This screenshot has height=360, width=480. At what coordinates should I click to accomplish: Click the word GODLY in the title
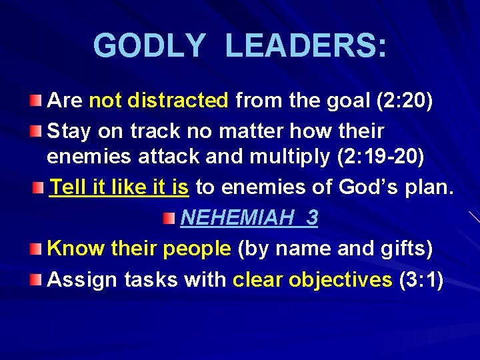click(149, 47)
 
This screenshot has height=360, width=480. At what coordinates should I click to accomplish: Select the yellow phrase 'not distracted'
click(159, 101)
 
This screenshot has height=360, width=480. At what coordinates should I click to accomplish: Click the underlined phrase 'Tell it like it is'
click(119, 187)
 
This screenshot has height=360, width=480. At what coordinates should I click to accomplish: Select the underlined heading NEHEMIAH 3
click(249, 218)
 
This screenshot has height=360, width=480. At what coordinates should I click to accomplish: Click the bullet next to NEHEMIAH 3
click(171, 218)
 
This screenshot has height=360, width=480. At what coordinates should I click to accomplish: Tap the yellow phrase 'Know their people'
click(139, 249)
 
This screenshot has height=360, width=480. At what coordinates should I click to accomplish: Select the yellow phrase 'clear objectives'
click(312, 279)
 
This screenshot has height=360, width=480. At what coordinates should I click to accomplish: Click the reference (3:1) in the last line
click(421, 279)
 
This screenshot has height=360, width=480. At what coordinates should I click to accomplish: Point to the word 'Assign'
click(83, 279)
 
